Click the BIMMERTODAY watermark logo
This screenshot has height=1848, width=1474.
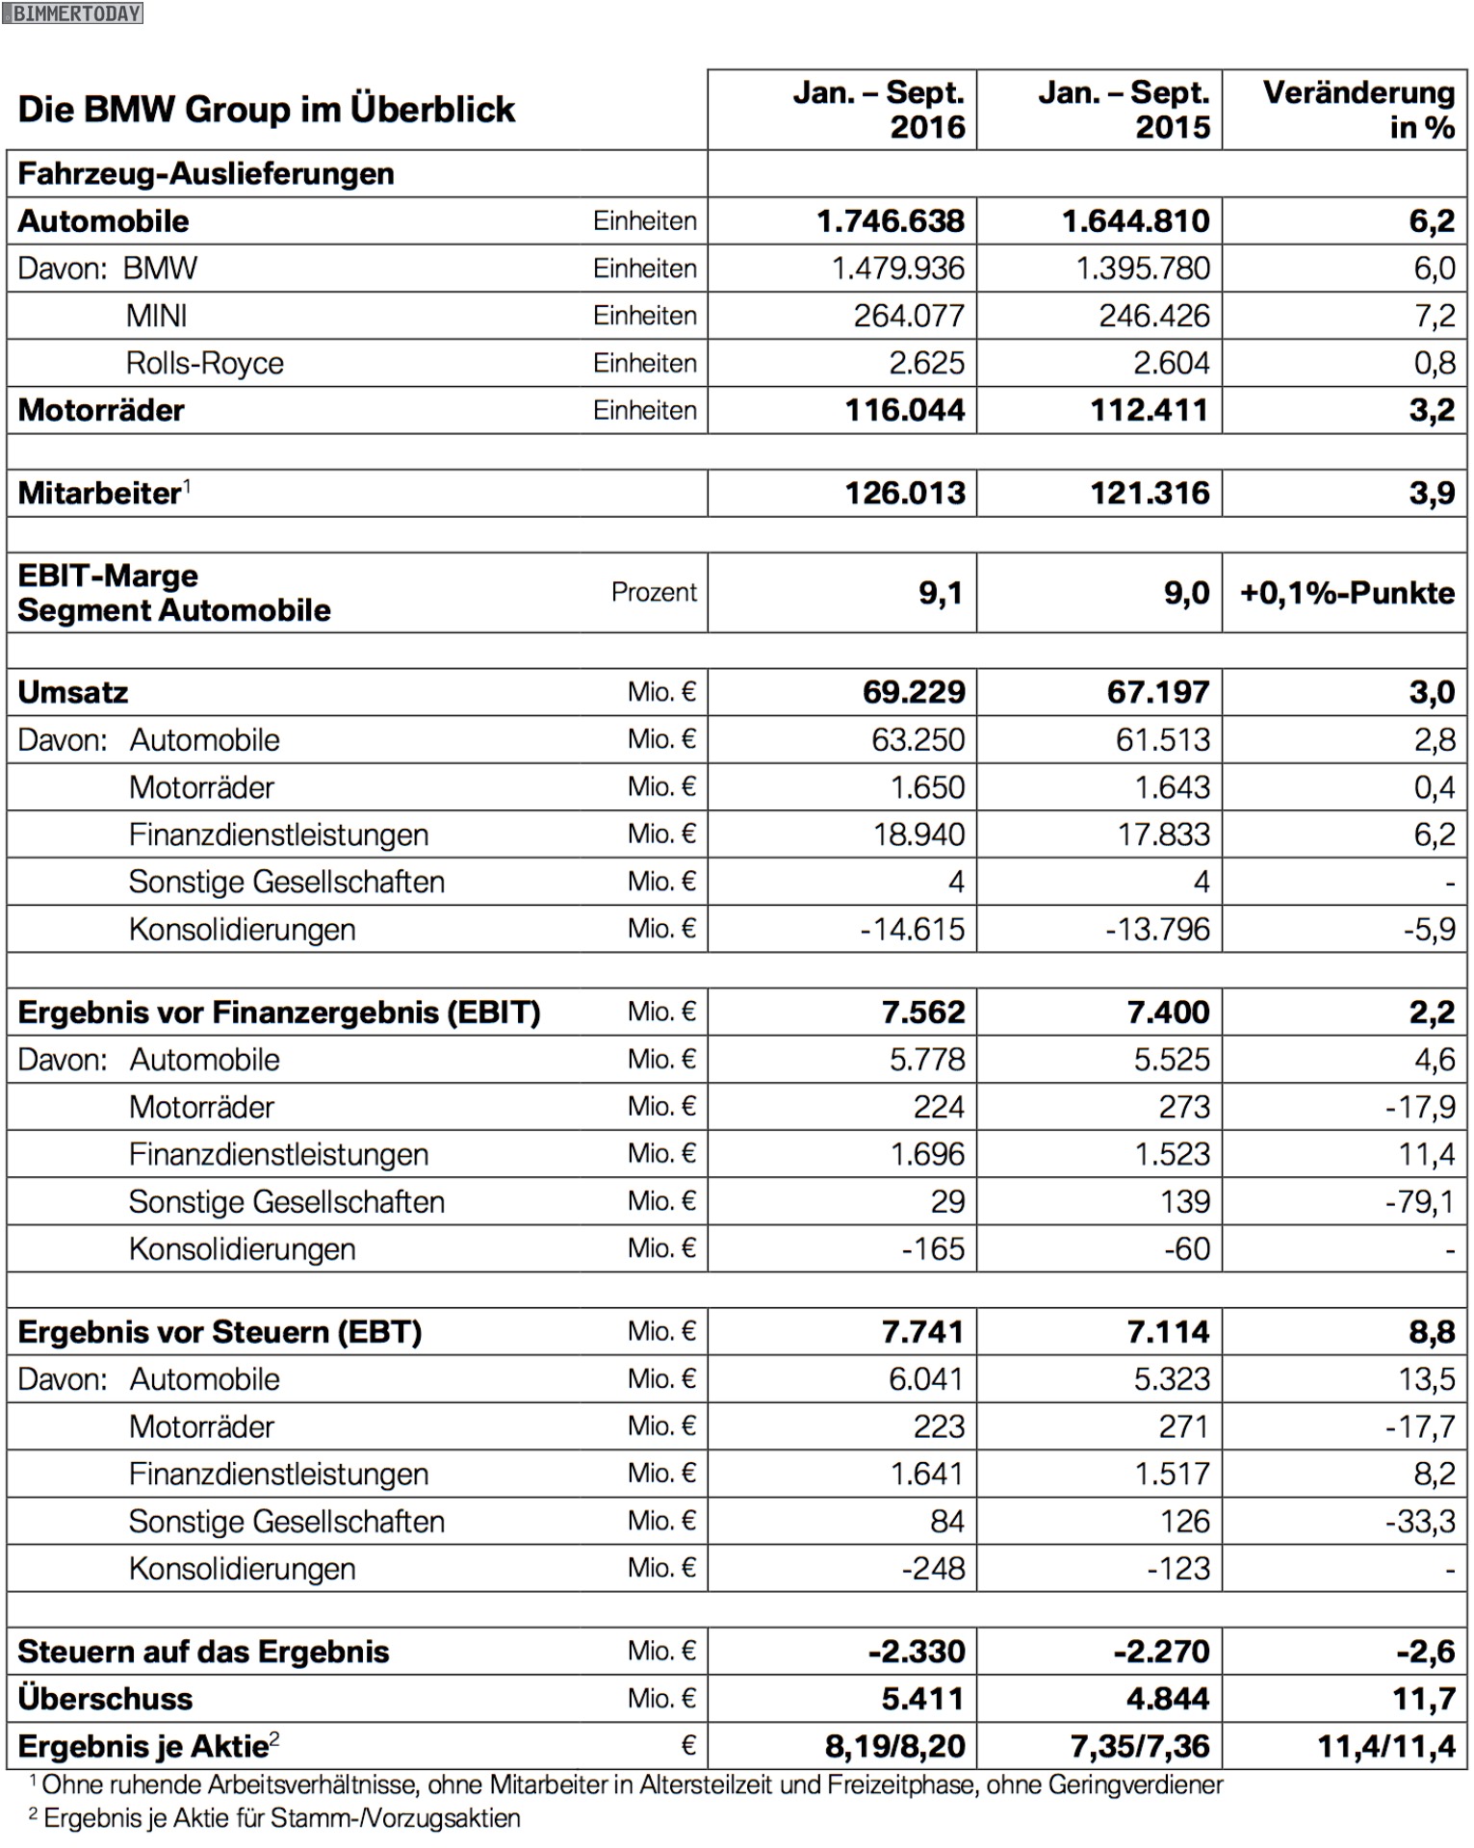click(x=73, y=13)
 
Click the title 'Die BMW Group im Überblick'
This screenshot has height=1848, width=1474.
click(x=267, y=110)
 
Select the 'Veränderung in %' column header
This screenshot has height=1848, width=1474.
click(x=1358, y=110)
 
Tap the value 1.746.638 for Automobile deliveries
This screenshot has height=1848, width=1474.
click(x=891, y=221)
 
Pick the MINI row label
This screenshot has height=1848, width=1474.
click(x=156, y=316)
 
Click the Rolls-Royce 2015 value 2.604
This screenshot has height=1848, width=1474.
click(x=1171, y=363)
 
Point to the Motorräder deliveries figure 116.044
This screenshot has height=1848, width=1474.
click(x=904, y=410)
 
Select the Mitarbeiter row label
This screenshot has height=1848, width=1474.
click(x=100, y=493)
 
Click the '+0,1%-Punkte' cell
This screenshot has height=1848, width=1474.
click(x=1347, y=593)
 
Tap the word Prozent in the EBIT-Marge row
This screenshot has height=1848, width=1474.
click(x=653, y=592)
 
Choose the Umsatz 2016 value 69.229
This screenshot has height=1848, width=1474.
click(x=913, y=692)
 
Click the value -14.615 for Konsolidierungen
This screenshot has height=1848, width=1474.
click(x=912, y=929)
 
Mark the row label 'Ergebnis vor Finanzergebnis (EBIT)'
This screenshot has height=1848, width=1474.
click(x=279, y=1013)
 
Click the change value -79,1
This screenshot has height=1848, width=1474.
click(x=1419, y=1201)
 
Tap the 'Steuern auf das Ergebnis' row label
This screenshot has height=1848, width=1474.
click(x=203, y=1652)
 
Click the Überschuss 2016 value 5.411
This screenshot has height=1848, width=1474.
click(x=922, y=1699)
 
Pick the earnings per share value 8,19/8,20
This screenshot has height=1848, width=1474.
click(x=894, y=1746)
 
